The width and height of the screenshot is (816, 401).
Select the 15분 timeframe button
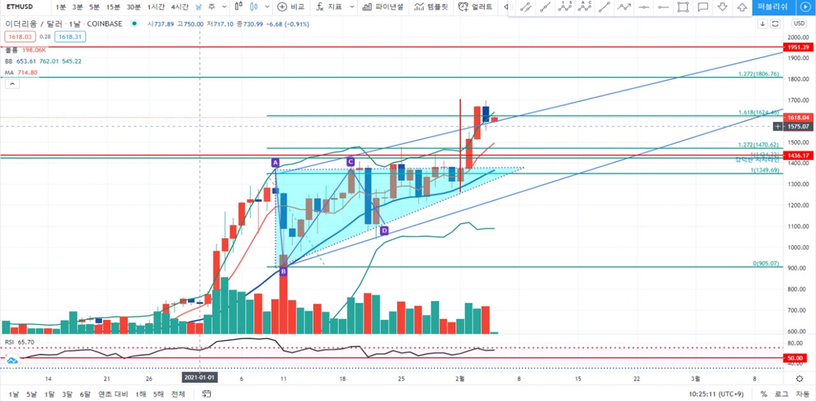pos(113,7)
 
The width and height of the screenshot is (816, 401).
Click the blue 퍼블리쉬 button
pos(773,7)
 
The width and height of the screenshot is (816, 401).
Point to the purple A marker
pos(275,163)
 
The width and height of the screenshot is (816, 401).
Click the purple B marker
pos(283,272)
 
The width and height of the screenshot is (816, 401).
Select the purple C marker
pos(350,162)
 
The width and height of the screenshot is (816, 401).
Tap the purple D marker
pos(384,231)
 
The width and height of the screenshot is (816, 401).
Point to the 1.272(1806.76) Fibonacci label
pos(758,74)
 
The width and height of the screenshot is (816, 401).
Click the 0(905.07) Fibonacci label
pos(766,263)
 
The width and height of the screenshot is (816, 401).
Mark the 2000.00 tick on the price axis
pos(798,38)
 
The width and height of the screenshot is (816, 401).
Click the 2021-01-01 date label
pos(200,377)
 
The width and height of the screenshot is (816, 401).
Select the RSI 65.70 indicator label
pos(20,342)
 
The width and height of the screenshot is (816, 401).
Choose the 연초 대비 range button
pos(113,394)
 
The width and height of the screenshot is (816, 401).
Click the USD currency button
pos(799,24)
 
